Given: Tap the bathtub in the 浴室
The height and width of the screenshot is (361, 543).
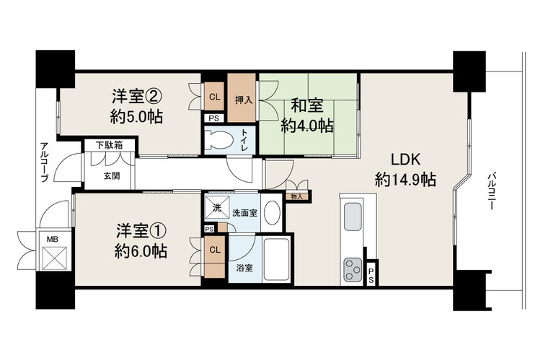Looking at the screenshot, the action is [x=276, y=259].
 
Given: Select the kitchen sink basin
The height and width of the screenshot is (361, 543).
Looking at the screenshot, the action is [x=353, y=217].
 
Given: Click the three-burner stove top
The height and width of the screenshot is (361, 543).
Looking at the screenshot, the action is [x=353, y=269].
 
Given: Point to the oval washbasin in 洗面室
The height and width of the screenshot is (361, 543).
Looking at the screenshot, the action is [x=272, y=212].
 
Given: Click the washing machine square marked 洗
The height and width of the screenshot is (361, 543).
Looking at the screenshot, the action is [x=217, y=208].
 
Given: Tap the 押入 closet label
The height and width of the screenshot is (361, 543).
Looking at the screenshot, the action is [x=244, y=100].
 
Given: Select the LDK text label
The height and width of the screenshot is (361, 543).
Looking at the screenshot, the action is [x=405, y=160].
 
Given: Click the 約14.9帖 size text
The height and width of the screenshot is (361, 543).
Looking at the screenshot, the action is [x=405, y=180].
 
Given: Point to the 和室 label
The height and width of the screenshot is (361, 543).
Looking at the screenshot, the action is [x=307, y=105].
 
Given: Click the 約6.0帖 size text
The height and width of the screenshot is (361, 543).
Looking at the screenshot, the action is [x=141, y=251].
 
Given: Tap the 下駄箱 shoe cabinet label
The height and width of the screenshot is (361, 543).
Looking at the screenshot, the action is [x=109, y=145].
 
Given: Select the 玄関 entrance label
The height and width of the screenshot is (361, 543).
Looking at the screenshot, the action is [x=112, y=175].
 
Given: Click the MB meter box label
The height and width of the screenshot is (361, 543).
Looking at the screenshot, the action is [x=53, y=239].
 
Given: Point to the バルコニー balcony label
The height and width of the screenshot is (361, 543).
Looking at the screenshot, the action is [x=490, y=192].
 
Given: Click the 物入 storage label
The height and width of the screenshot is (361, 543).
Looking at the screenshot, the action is [x=297, y=196].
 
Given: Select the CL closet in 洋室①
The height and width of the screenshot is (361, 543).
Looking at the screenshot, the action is [x=215, y=257].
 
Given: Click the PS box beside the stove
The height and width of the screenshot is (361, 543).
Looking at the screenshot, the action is [x=371, y=275].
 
